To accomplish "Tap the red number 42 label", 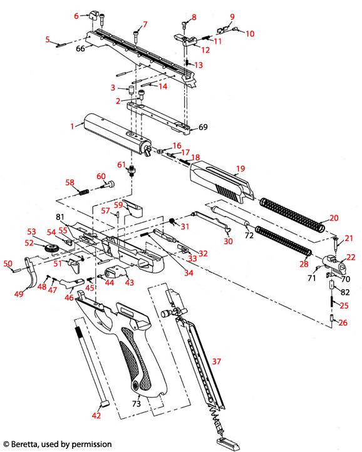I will (96, 415).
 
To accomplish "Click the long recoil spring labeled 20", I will (291, 212).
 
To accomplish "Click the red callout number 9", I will (232, 16).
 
